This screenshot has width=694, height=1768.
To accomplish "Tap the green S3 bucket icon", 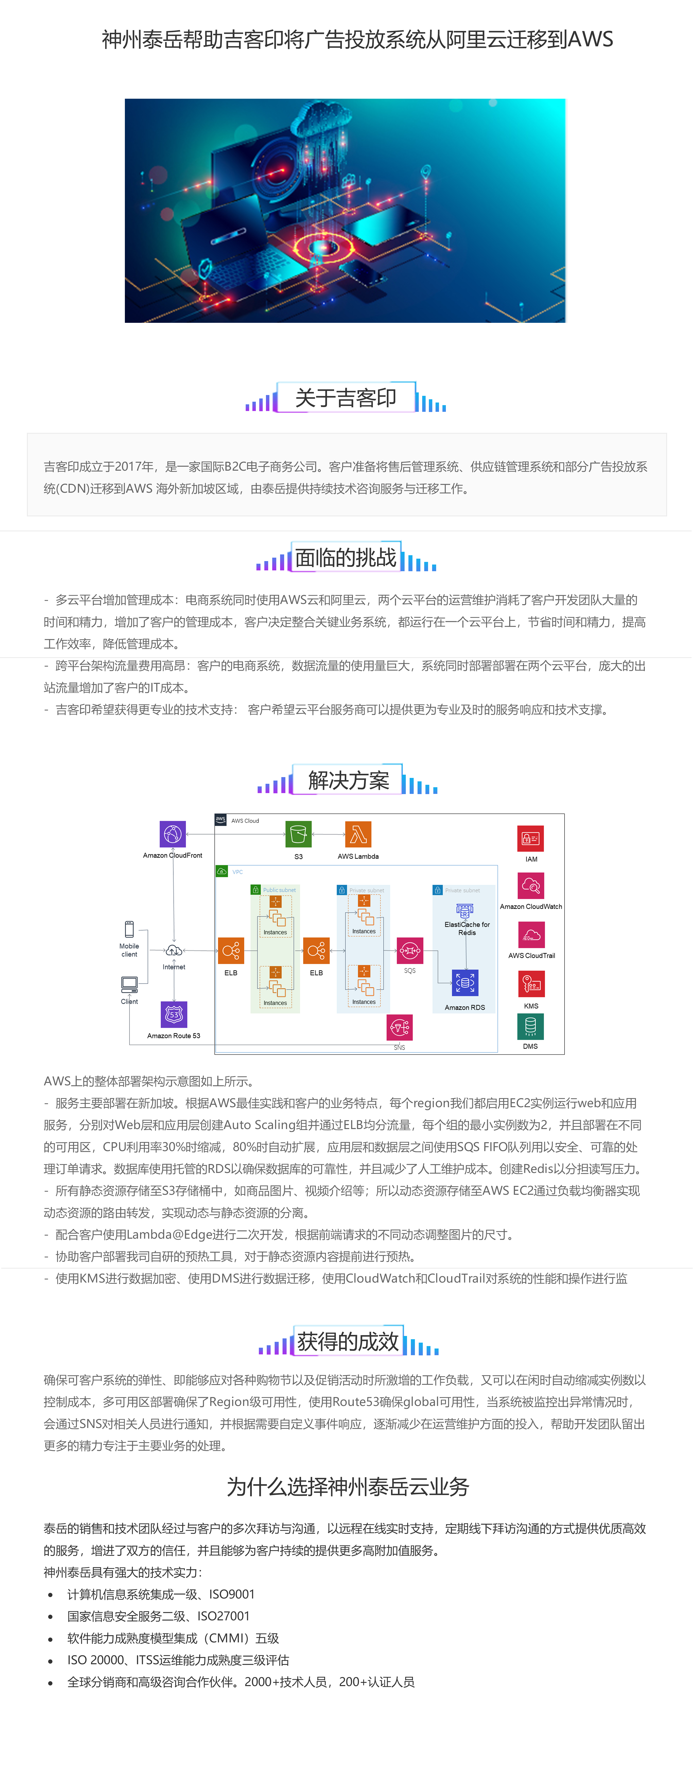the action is (298, 835).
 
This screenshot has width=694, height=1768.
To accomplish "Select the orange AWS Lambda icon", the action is (358, 835).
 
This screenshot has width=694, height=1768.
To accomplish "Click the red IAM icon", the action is (531, 839).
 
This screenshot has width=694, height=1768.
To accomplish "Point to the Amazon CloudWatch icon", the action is (531, 885).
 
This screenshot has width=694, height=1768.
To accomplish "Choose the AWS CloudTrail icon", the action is (531, 935).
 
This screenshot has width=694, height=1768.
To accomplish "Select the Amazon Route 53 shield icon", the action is (174, 1014).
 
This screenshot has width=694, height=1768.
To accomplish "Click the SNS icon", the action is (400, 1028).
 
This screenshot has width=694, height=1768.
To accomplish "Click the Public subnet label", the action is (279, 890).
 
